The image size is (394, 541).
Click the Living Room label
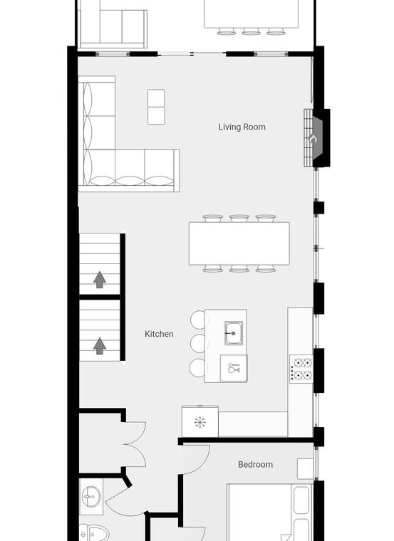point(242,127)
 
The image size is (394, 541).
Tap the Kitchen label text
point(159,334)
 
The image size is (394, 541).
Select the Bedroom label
point(256,464)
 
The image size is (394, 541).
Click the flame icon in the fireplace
point(313,139)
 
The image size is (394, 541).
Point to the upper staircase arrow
point(100,280)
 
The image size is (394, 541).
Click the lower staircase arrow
point(100,346)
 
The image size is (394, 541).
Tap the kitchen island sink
point(234,333)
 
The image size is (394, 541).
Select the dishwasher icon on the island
point(234,368)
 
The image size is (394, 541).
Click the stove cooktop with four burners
point(301,369)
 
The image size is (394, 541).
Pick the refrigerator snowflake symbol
point(200,422)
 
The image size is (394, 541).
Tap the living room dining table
point(239,243)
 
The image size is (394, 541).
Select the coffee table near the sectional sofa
point(156,107)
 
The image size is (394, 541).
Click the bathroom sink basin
point(91,497)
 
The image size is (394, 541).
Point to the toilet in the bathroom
point(93,533)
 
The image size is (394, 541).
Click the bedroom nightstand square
point(305,468)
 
